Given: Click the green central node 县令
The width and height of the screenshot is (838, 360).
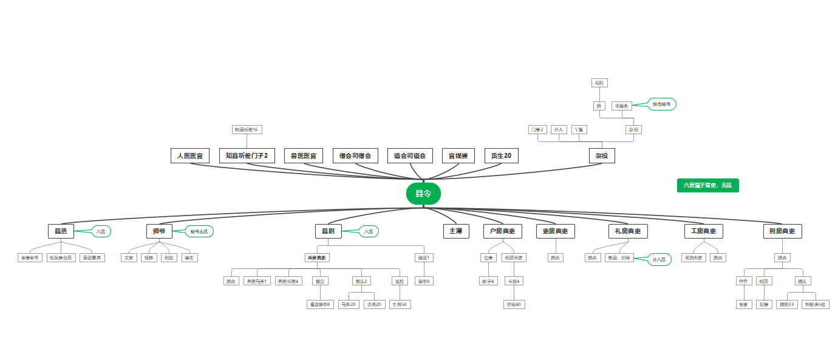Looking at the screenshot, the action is [423, 194].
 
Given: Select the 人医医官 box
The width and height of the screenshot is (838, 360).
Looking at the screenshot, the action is [190, 156].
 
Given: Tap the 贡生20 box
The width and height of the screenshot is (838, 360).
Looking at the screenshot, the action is [502, 156].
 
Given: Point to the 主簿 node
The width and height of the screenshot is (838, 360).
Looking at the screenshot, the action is [456, 231].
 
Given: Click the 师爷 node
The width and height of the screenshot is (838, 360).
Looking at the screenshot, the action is [159, 231].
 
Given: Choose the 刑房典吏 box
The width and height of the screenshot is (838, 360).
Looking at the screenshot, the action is [782, 231].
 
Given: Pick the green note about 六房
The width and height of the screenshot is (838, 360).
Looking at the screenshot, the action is [707, 185].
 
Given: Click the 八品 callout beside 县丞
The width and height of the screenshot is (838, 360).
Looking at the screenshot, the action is [101, 231].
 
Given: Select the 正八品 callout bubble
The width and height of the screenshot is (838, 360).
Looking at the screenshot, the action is [659, 260].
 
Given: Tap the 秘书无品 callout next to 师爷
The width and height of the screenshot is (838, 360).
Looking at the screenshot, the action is [199, 231].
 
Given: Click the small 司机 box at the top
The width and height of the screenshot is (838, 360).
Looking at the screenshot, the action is [599, 83].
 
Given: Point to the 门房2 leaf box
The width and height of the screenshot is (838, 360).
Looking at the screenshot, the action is [538, 129].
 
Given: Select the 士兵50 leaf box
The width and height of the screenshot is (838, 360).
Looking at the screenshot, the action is [400, 304].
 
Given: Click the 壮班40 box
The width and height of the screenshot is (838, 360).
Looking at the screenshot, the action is [514, 304].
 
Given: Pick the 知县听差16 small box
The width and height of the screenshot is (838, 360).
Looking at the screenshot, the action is [247, 129].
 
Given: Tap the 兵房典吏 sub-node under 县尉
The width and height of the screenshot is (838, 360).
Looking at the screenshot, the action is [317, 258].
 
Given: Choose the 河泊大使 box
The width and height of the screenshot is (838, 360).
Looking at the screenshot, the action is [693, 258].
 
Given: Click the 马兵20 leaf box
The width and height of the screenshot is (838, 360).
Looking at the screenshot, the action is [349, 304].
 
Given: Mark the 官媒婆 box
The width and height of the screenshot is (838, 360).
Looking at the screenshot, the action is [458, 156].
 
